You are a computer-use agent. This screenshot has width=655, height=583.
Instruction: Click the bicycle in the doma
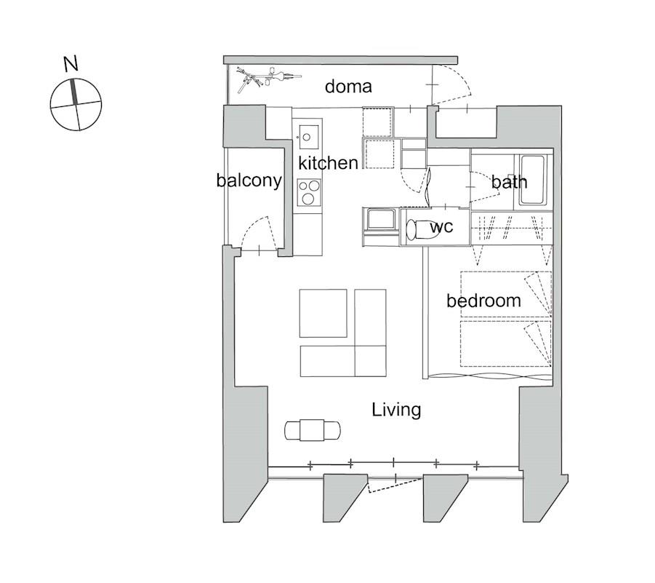pos(268,79)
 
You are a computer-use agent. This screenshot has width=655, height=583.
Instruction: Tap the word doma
pos(348,87)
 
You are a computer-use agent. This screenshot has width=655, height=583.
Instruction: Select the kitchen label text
pos(328,163)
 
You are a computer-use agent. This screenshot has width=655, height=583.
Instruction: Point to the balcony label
pos(249,181)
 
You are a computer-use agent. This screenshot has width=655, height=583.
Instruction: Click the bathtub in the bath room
pos(532,181)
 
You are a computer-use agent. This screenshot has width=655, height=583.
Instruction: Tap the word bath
pos(509,182)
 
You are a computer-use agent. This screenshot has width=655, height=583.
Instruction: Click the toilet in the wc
pos(422,229)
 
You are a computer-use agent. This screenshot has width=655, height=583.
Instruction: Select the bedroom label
pos(483,301)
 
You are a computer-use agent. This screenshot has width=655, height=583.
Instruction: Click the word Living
pos(396,410)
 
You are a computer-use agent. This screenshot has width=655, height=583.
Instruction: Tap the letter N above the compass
pos(71,64)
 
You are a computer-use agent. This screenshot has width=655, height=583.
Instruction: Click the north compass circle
pos(76,104)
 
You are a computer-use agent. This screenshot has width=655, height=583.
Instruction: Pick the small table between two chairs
pos(312,430)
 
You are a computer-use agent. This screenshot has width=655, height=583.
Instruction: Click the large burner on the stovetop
pos(308,199)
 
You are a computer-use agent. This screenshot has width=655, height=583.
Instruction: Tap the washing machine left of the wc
pos(380,221)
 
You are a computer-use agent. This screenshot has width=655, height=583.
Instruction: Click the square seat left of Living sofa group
pos(323,313)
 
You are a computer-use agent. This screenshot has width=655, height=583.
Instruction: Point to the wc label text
pos(441,227)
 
